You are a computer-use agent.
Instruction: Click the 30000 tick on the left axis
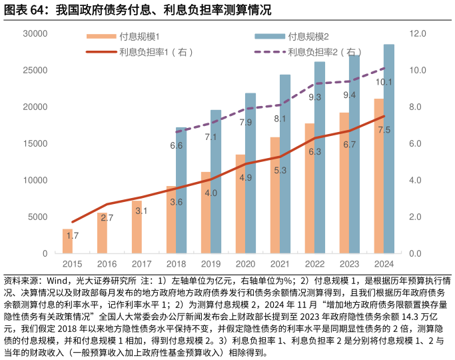[35, 33]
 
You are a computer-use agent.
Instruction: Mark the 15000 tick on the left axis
[35, 143]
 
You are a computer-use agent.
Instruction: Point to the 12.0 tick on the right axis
[418, 33]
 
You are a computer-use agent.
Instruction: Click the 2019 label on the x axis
[211, 264]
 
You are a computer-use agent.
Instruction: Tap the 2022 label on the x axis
[314, 264]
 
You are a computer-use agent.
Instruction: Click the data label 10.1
[384, 83]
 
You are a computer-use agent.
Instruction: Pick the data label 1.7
[73, 236]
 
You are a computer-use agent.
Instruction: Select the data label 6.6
[176, 145]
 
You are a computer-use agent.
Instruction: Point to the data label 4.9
[245, 177]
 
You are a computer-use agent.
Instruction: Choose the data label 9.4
[349, 95]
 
